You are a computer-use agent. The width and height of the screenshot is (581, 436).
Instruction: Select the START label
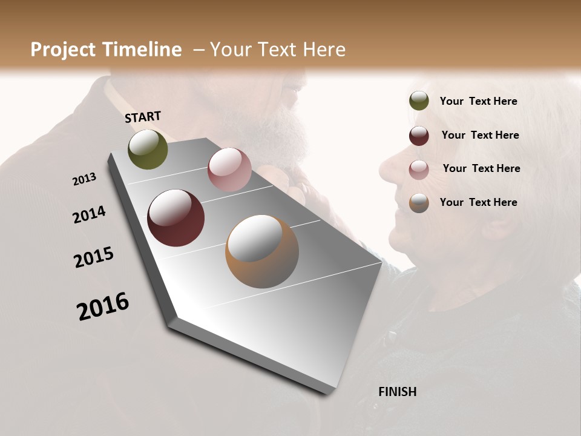point(143,117)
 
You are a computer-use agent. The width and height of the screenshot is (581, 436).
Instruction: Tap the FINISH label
point(398,392)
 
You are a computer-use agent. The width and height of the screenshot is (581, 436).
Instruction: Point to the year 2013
point(85,179)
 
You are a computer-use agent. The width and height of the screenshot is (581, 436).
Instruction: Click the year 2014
point(90,214)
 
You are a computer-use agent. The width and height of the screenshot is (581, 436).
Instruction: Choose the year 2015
point(94,257)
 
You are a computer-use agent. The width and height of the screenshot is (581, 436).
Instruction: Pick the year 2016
point(103,306)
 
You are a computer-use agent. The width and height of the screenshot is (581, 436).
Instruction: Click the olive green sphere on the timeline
point(148,149)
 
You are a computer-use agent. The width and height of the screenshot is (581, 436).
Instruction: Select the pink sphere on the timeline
point(229,170)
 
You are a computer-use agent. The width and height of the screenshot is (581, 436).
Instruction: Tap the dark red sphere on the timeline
point(176,218)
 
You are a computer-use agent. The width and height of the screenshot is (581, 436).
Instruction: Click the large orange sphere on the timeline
point(262,251)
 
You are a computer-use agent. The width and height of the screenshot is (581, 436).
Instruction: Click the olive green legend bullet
point(419,101)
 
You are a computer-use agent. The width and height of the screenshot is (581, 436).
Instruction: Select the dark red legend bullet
point(419,136)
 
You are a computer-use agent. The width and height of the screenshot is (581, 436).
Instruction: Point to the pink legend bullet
point(419,169)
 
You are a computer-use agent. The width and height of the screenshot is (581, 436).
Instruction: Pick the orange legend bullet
point(419,203)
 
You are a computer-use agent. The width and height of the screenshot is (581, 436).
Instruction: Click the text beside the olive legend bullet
point(479,101)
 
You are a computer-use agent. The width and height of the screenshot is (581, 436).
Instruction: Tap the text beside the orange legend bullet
point(479,202)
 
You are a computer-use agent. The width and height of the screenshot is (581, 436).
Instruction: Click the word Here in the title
point(324,50)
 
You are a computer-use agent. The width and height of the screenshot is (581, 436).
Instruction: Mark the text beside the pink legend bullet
point(482,168)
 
